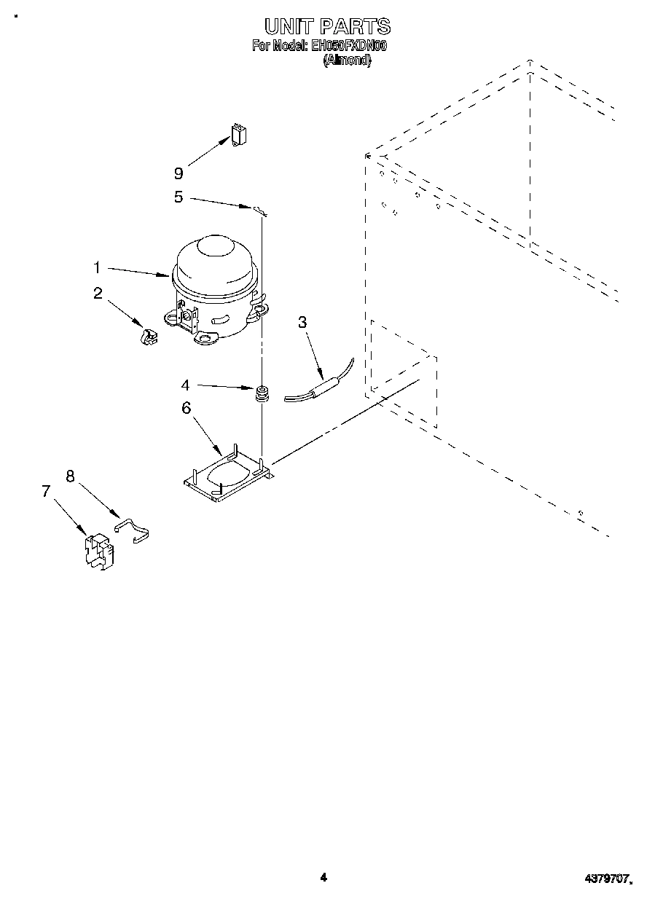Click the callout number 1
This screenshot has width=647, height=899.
pos(96,268)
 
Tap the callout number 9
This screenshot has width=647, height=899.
pos(179,173)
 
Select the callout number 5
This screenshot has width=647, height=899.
pos(179,197)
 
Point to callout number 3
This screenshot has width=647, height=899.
pos(302,323)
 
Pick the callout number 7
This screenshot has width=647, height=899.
pos(47,491)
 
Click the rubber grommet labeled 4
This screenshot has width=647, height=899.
pos(262,393)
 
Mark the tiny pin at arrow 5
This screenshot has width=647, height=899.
pos(260,211)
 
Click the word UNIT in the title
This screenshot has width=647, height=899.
pos(289,28)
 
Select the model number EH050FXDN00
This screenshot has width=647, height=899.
pos(348,46)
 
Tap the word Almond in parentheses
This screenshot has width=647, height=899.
pos(347,61)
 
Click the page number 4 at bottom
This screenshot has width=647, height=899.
pos(323,878)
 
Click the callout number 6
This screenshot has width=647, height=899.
pos(187,408)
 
